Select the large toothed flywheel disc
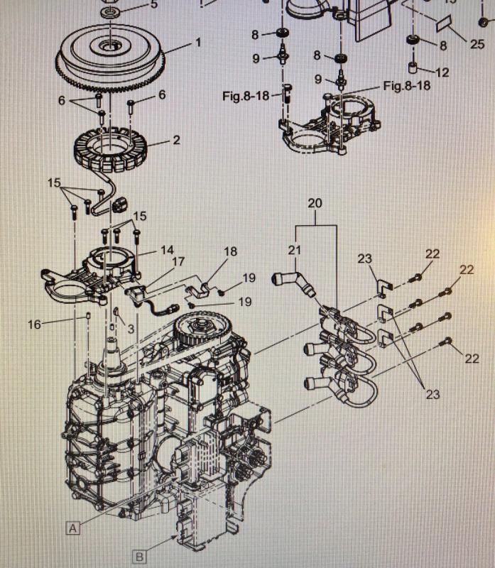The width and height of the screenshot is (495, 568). tap(111, 57)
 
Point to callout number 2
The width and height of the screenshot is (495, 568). tap(175, 140)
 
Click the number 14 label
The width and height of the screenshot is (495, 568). tap(167, 250)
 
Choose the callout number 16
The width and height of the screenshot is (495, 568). tap(35, 324)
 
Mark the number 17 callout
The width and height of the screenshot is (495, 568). tap(178, 262)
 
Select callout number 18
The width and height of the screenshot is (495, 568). tap(230, 251)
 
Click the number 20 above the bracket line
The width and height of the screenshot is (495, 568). tap(315, 204)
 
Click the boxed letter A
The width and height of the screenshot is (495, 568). tap(72, 527)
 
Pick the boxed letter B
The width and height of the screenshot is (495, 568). tap(140, 555)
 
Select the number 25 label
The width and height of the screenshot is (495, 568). tap(477, 43)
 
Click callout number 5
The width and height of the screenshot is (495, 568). tap(154, 5)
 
